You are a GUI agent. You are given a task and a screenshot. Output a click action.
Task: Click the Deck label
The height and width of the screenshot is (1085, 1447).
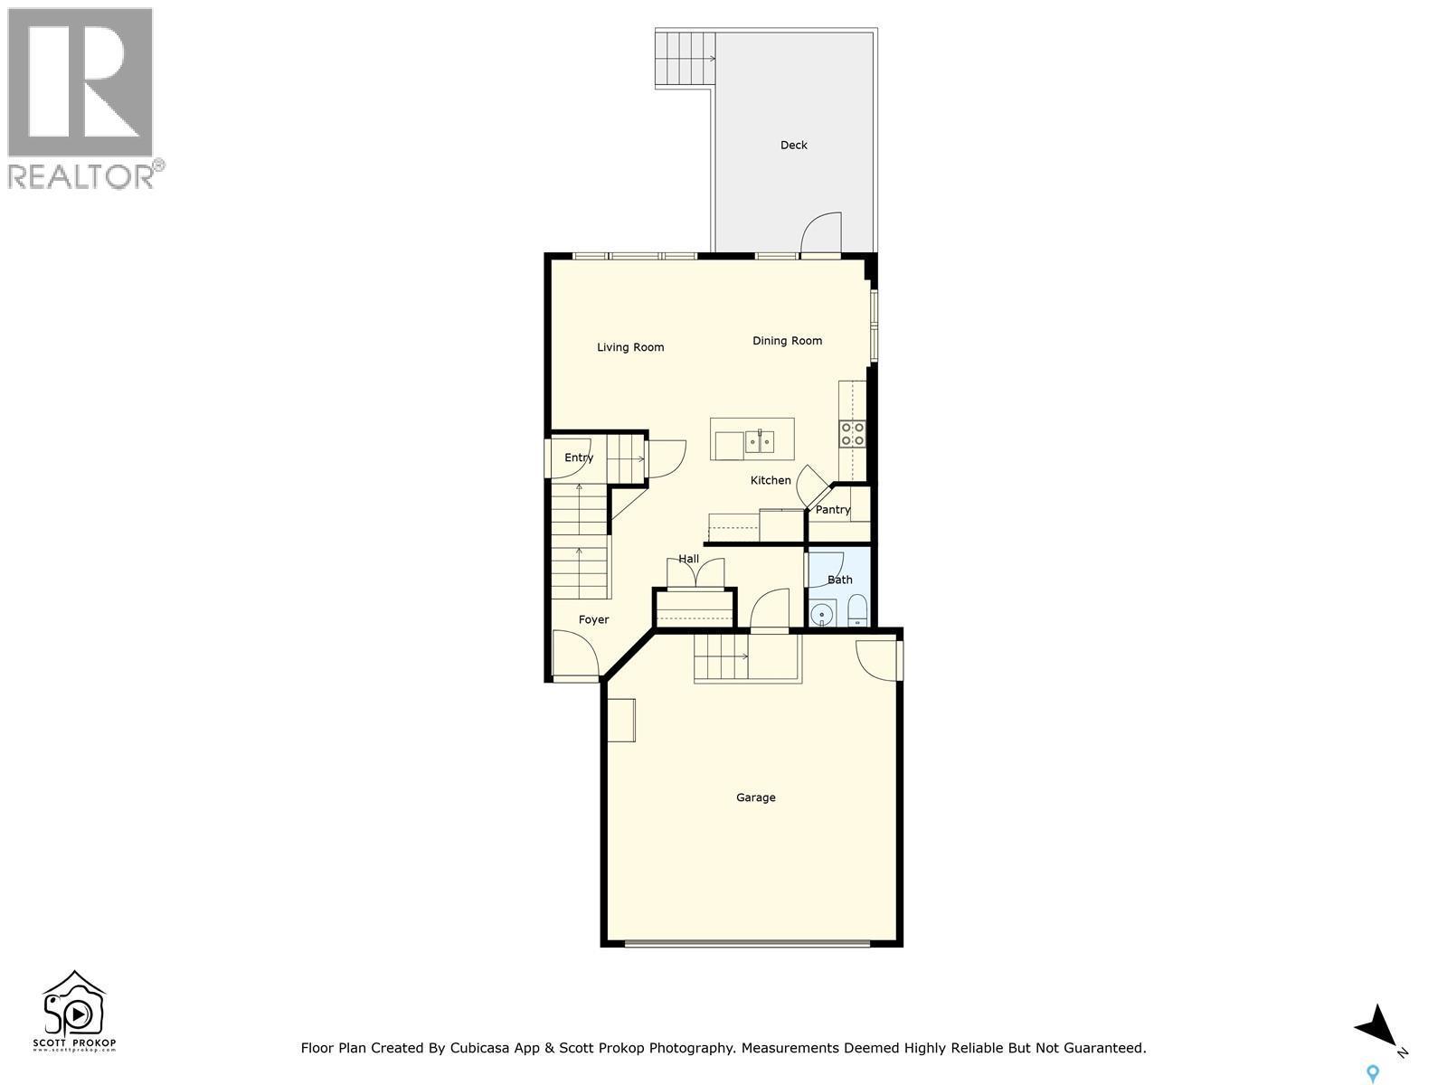[x=793, y=145]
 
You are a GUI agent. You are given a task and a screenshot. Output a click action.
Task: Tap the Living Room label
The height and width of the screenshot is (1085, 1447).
[x=630, y=347]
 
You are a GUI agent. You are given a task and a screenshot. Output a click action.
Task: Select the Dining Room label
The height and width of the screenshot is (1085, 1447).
[x=787, y=341]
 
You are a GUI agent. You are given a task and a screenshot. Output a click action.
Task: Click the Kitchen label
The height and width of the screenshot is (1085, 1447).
[x=771, y=480]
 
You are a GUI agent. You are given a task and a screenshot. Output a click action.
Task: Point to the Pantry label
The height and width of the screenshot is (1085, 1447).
[x=832, y=510]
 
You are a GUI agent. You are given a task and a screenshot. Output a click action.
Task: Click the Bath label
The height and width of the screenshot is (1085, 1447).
[x=839, y=580]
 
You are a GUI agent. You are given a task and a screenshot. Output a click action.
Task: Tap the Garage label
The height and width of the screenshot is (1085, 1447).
[x=755, y=797]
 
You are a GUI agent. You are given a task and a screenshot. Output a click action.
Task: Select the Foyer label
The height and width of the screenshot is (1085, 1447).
[x=593, y=619]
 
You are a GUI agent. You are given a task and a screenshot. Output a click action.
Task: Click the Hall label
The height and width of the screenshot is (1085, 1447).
[x=688, y=559]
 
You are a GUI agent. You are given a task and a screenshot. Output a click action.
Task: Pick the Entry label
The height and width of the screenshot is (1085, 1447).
[x=579, y=458]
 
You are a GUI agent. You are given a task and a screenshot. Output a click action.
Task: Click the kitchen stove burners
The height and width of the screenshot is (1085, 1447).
[x=852, y=434]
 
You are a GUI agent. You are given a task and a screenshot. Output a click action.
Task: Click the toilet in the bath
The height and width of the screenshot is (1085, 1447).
[x=857, y=612]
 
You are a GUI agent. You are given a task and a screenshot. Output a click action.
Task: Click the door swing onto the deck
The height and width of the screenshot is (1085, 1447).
[x=821, y=233]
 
